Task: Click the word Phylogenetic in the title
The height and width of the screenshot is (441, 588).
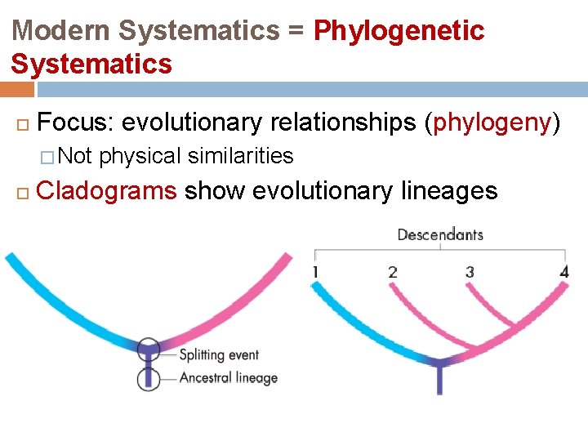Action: click(399, 31)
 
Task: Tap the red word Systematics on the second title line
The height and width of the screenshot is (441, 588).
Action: click(91, 64)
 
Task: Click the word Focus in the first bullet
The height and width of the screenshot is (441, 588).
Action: click(74, 122)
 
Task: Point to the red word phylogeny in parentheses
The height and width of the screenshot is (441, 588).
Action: click(493, 122)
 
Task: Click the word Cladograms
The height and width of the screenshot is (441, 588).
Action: click(107, 191)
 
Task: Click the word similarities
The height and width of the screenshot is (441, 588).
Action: click(242, 155)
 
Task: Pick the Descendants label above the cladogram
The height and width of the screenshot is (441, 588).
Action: click(440, 235)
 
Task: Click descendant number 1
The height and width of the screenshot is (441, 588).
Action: click(315, 272)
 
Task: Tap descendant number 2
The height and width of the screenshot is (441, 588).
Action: click(393, 272)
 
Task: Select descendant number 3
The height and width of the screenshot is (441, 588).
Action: click(470, 272)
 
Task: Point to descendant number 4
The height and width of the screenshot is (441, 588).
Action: click(563, 272)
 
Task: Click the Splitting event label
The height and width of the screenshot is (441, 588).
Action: click(219, 354)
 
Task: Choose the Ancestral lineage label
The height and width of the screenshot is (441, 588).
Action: click(229, 378)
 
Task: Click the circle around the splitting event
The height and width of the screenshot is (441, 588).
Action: click(149, 350)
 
